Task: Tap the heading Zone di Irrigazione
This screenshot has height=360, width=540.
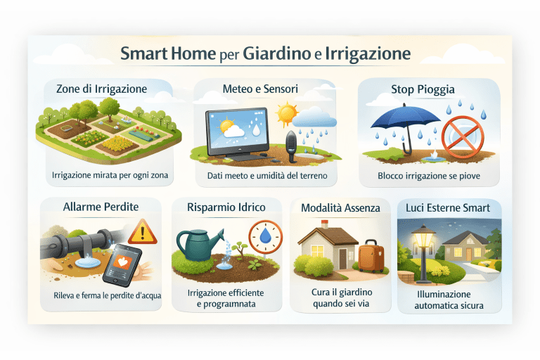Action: pyautogui.click(x=101, y=89)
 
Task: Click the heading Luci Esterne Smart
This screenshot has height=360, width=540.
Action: pyautogui.click(x=449, y=207)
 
